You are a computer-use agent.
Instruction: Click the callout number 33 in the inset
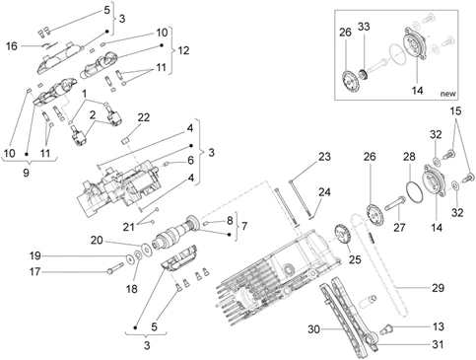click(364, 27)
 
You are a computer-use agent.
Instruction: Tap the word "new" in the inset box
click(448, 94)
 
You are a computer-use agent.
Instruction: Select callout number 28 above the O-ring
click(409, 157)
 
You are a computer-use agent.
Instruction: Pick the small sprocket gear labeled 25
click(343, 235)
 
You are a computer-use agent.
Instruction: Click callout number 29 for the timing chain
click(438, 288)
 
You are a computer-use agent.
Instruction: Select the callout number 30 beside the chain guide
click(313, 328)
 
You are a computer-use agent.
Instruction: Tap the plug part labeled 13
click(386, 329)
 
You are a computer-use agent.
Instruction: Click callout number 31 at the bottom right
click(438, 344)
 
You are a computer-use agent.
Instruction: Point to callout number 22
click(143, 117)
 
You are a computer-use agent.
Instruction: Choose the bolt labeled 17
click(114, 267)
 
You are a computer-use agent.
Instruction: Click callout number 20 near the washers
click(97, 241)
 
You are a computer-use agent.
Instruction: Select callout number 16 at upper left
click(12, 46)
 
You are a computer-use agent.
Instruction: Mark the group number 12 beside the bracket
click(183, 50)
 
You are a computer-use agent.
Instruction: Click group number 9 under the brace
click(26, 173)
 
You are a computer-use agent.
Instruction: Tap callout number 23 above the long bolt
click(324, 157)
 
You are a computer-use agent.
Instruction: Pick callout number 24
click(324, 192)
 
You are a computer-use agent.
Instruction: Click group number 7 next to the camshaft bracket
click(244, 226)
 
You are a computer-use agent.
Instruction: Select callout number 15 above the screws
click(455, 111)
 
